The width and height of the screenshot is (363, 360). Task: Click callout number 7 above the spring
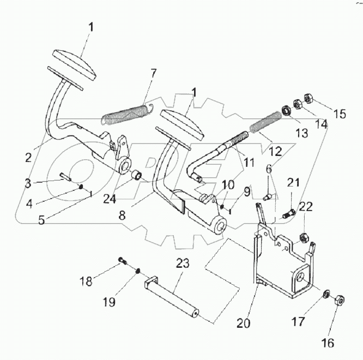point(154,73)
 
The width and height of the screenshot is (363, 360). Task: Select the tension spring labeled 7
point(127,114)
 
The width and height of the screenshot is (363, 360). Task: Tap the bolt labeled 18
point(122,261)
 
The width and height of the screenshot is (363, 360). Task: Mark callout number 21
point(293,182)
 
